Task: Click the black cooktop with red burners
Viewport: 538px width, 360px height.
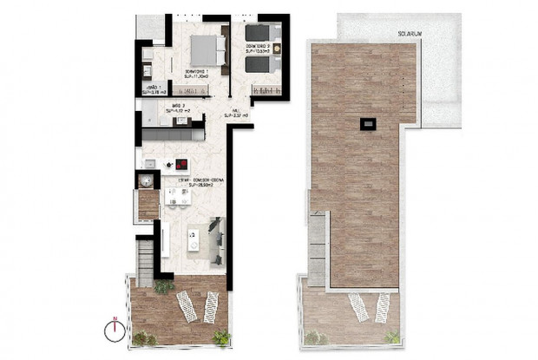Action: (182, 164)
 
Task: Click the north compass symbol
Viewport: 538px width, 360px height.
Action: (113, 329)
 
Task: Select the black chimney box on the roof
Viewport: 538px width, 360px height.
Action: (370, 124)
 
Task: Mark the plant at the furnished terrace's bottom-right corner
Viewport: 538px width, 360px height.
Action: (222, 337)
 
